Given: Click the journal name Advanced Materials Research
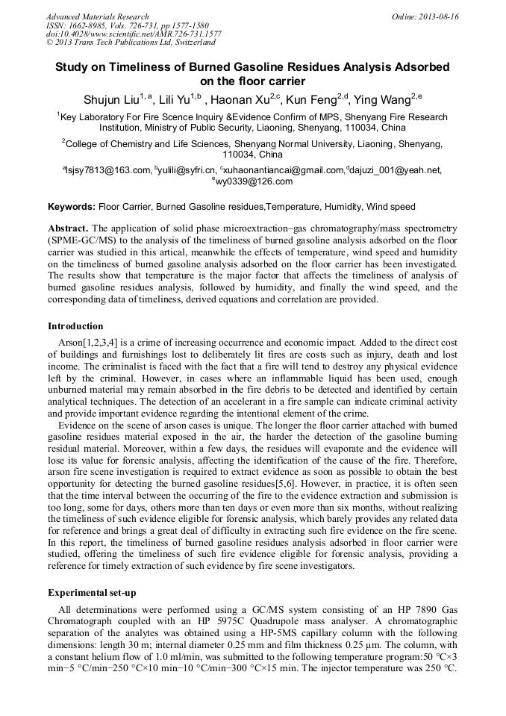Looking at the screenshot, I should click(97, 16).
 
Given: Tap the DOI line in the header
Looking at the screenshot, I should click(134, 34).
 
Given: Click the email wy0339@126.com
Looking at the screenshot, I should click(254, 181).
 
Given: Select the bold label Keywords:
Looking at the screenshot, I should click(72, 206).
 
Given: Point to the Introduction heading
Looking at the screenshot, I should click(75, 326).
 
